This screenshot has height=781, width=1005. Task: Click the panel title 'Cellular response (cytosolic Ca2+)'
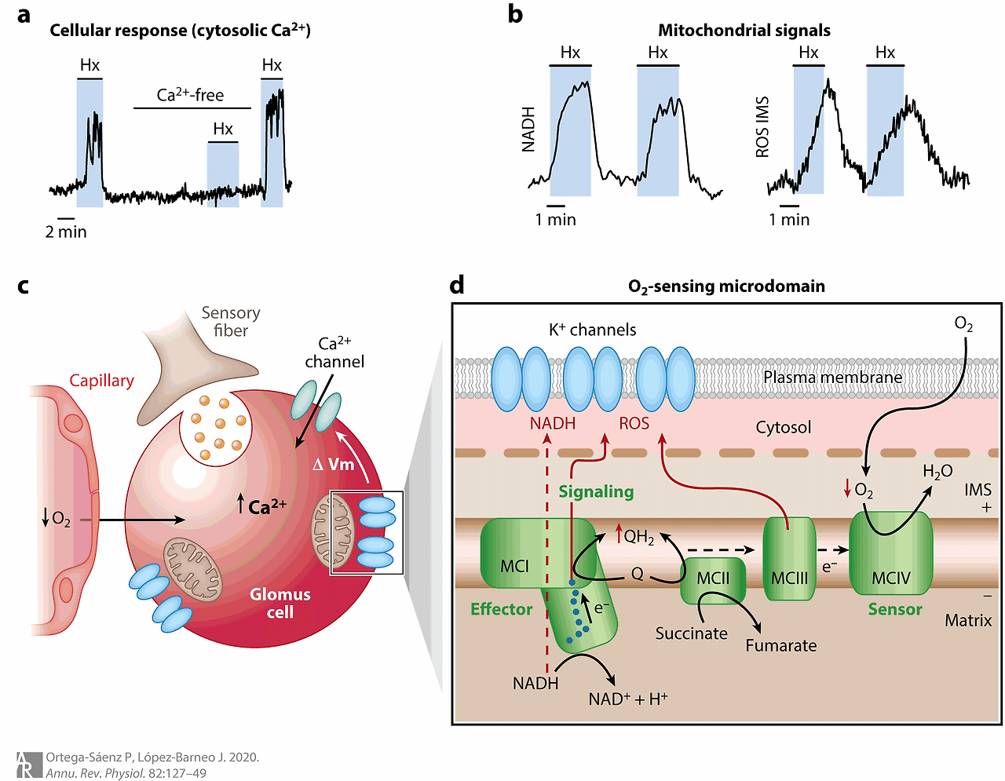pos(180,31)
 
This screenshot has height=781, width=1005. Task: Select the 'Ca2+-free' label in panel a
pos(190,95)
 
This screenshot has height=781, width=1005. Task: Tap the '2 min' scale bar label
pos(66,232)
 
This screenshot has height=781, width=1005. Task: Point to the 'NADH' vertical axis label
pos(528,130)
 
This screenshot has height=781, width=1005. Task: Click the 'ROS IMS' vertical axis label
pos(762,127)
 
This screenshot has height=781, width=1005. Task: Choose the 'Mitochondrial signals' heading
pos(744,31)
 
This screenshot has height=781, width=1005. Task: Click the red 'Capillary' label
pos(101,381)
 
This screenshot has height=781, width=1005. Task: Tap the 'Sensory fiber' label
pos(230,322)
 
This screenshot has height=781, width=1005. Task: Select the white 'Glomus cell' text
pos(280,603)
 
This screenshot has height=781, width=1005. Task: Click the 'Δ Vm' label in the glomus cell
pos(334,465)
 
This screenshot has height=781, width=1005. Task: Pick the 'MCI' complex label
pos(514,566)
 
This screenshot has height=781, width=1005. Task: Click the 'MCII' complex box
pos(713,579)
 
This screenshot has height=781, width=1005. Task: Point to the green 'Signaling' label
pos(596,491)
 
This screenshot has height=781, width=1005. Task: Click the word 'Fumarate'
pos(780,645)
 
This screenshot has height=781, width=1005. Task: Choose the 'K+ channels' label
pos(592,330)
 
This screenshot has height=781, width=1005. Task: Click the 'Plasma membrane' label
pos(832,378)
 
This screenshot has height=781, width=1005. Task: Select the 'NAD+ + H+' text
pos(627,699)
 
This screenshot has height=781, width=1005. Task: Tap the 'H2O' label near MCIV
pos(937,472)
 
